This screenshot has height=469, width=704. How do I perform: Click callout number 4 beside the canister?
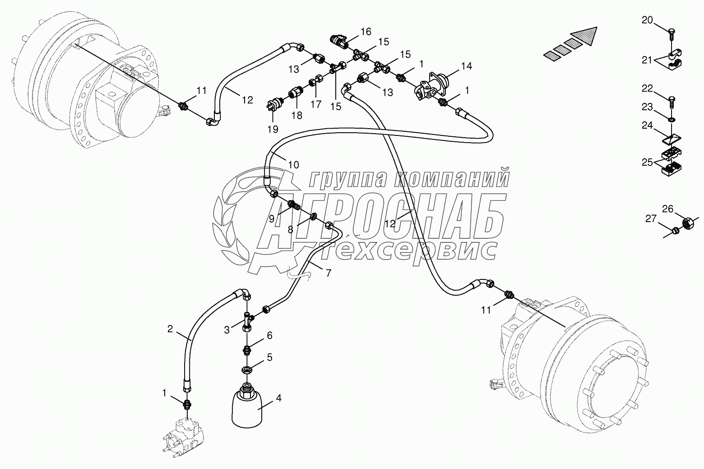278,398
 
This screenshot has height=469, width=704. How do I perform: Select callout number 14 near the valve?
466,66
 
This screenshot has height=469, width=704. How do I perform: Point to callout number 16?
366,31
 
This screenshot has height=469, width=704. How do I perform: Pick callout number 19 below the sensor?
273,129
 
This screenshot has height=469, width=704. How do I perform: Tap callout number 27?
650,219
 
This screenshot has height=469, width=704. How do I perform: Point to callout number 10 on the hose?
293,165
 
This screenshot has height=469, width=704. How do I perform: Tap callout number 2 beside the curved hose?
170,329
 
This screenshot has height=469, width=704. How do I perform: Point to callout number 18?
296,115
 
